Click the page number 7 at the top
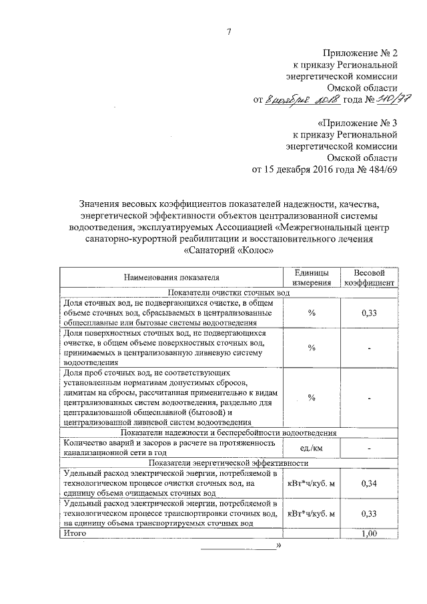tap(229, 32)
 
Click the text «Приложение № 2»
tap(361, 52)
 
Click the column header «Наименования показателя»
tap(171, 276)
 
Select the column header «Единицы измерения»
tap(311, 276)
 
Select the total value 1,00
tap(369, 534)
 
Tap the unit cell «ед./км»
tap(311, 447)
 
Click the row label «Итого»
tap(75, 534)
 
